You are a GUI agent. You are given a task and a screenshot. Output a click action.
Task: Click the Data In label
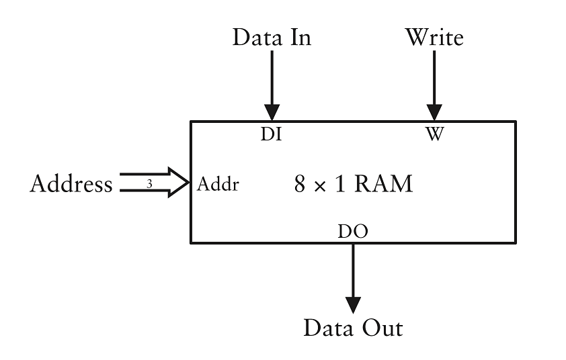[x=272, y=38]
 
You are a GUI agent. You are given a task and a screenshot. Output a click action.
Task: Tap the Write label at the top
[x=434, y=38]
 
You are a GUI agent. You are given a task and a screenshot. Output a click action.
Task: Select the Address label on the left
[x=71, y=184]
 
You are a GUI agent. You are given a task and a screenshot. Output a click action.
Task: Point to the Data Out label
[x=353, y=328]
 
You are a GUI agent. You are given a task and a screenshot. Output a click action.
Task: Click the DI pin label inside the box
[x=271, y=134]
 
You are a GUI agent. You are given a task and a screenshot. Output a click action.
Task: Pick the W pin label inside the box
[x=435, y=134]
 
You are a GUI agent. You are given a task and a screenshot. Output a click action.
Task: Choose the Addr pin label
[x=218, y=184]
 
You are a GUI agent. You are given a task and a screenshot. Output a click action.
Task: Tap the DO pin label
[x=352, y=232]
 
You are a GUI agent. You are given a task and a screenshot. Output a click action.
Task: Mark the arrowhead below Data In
[x=272, y=111]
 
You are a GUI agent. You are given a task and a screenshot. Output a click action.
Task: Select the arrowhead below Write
[x=434, y=111]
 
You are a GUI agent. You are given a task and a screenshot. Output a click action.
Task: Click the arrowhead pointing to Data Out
[x=353, y=305]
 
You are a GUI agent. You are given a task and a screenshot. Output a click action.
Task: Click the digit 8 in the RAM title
[x=300, y=184]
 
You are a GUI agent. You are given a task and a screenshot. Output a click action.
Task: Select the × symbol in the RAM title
[x=320, y=185]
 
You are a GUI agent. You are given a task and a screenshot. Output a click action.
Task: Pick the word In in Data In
[x=300, y=38]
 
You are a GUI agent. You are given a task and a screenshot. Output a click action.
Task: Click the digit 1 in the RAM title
[x=339, y=184]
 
